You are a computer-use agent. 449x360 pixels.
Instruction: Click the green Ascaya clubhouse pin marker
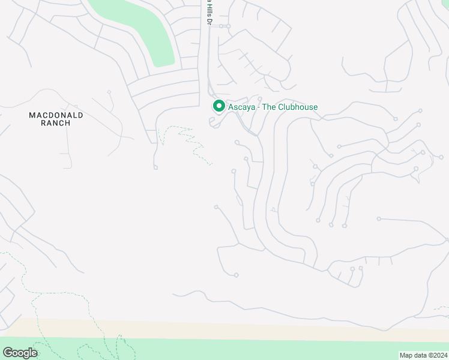tap(219, 106)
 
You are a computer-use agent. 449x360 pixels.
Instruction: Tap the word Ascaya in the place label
tap(242, 107)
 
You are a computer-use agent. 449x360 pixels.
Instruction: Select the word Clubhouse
tap(297, 107)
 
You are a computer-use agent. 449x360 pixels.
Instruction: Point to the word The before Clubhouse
tap(268, 107)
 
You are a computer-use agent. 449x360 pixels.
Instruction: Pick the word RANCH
tap(57, 123)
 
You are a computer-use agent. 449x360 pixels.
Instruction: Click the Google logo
tap(20, 353)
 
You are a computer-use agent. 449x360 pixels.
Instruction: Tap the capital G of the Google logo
tap(8, 353)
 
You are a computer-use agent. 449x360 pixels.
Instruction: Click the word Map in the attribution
tap(406, 355)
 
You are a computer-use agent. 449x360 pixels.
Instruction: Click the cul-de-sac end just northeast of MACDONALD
tap(109, 92)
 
